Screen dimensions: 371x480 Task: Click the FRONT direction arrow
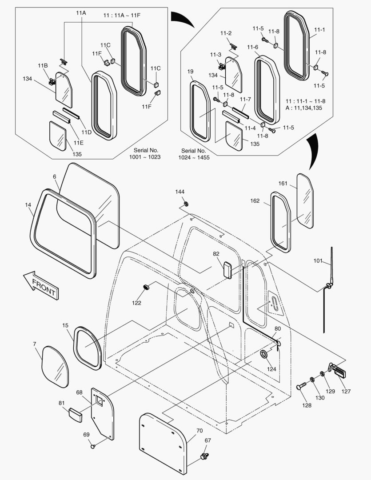coord(41,285)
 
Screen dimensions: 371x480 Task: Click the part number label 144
coord(180,192)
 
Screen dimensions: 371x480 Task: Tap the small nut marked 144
coord(185,204)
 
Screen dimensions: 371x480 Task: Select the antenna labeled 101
coord(328,289)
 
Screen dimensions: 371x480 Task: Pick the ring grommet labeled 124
coord(264,354)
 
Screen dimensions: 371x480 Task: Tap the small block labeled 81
coord(75,415)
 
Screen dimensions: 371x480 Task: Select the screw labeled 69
coord(93,446)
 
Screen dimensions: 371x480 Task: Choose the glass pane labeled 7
coord(55,367)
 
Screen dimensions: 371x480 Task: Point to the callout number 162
coord(255,201)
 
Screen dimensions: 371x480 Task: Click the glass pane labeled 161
coord(305,201)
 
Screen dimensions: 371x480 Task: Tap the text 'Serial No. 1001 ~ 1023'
coord(146,154)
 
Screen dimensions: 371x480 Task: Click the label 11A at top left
coord(81,13)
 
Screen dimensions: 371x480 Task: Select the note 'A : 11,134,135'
coord(303,108)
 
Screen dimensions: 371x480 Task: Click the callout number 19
coord(191,71)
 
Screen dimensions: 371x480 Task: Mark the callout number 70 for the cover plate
coord(199,431)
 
